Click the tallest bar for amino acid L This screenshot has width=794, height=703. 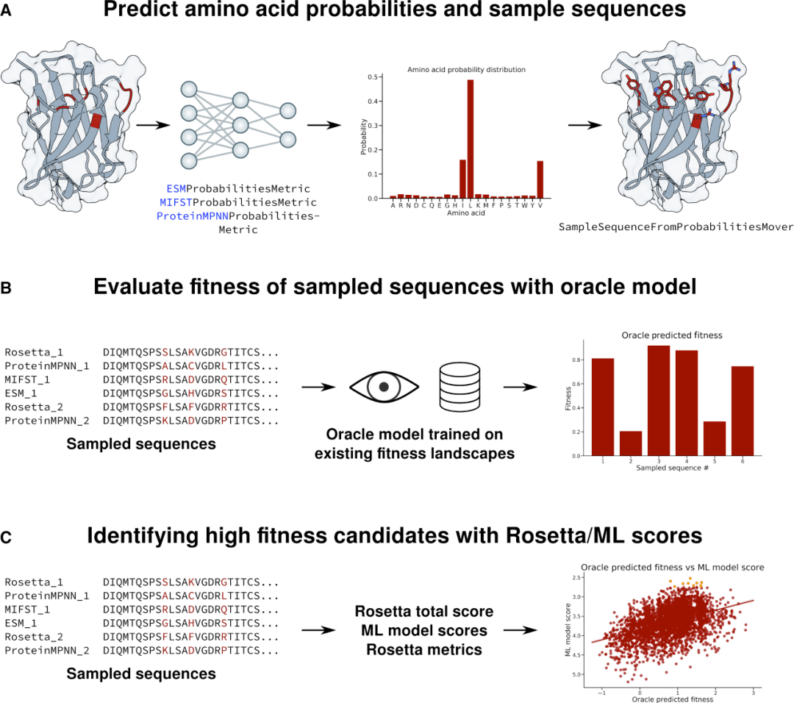(471, 139)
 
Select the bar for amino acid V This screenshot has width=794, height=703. (540, 179)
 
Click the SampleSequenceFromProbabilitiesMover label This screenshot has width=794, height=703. (676, 227)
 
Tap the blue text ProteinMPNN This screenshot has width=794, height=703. (193, 216)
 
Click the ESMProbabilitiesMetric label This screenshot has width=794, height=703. (238, 189)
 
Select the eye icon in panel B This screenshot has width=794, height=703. (384, 387)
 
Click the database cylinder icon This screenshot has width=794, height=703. (459, 387)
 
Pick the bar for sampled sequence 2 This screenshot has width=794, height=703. (631, 443)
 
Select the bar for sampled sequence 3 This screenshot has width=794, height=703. (659, 401)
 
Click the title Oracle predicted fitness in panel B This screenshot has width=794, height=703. (672, 335)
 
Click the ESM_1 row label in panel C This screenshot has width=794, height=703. (21, 624)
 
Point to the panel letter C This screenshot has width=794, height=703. (6, 538)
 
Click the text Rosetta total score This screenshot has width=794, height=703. (424, 611)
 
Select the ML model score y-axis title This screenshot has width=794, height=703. (568, 630)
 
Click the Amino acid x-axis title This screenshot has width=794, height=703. (466, 213)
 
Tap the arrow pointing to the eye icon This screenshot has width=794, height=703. (318, 387)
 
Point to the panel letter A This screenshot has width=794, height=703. (6, 10)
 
